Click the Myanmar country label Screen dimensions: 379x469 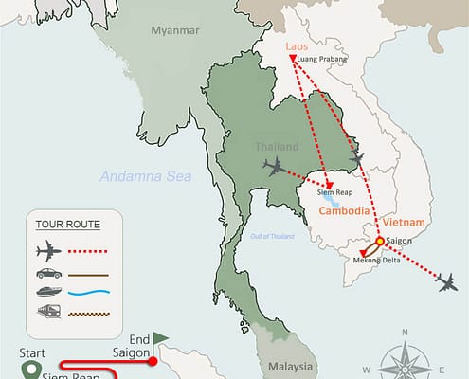click(x=176, y=31)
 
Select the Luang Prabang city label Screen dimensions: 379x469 click(x=322, y=59)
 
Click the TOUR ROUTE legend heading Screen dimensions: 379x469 click(x=67, y=225)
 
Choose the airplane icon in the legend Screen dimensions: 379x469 click(x=47, y=252)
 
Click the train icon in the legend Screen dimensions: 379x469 click(x=47, y=312)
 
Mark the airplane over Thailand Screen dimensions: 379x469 click(x=275, y=168)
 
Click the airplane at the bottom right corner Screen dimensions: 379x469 click(x=442, y=281)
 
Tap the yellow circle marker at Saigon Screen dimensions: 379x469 click(x=379, y=242)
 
